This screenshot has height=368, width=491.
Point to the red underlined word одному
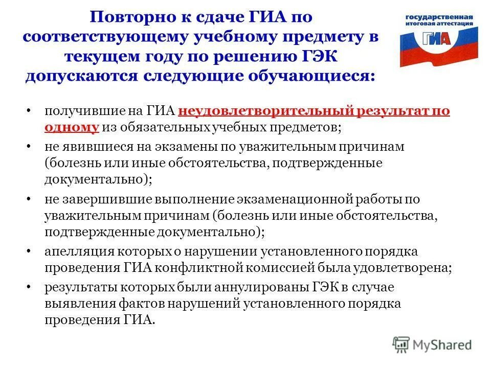71,128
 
